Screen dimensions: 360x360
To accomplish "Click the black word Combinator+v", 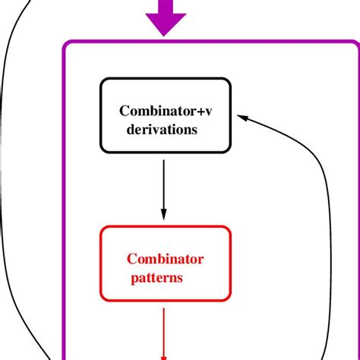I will [x=166, y=111].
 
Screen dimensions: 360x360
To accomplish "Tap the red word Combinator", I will [x=166, y=259].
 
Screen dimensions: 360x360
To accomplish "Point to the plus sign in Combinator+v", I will [x=199, y=112].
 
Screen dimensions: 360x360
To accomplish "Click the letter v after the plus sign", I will [x=209, y=112].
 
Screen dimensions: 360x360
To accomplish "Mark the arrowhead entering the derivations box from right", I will [x=242, y=116].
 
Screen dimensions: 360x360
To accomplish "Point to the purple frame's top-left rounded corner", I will [x=68, y=46].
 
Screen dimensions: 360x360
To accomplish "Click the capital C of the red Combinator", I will [x=131, y=259].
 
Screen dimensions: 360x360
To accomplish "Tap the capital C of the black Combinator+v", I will [x=124, y=111].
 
